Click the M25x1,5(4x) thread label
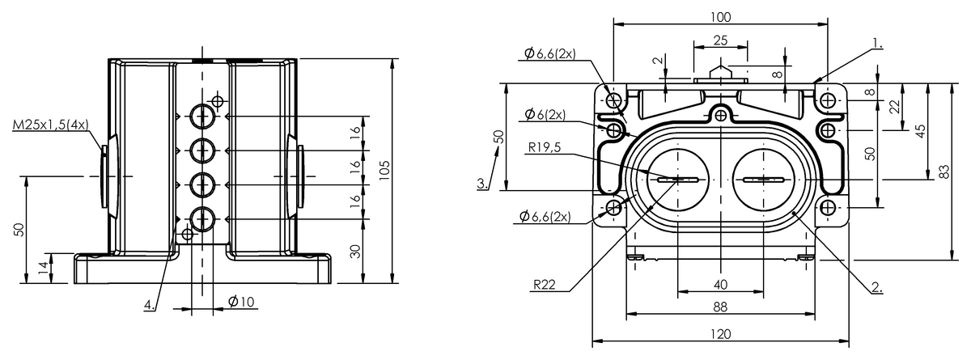[x=50, y=125]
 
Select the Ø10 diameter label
[x=241, y=301]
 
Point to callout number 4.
[x=150, y=305]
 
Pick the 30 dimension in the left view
[x=355, y=252]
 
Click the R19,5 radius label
[x=545, y=148]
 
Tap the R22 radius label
[x=544, y=285]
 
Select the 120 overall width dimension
[x=720, y=334]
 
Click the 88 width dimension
[x=720, y=307]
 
